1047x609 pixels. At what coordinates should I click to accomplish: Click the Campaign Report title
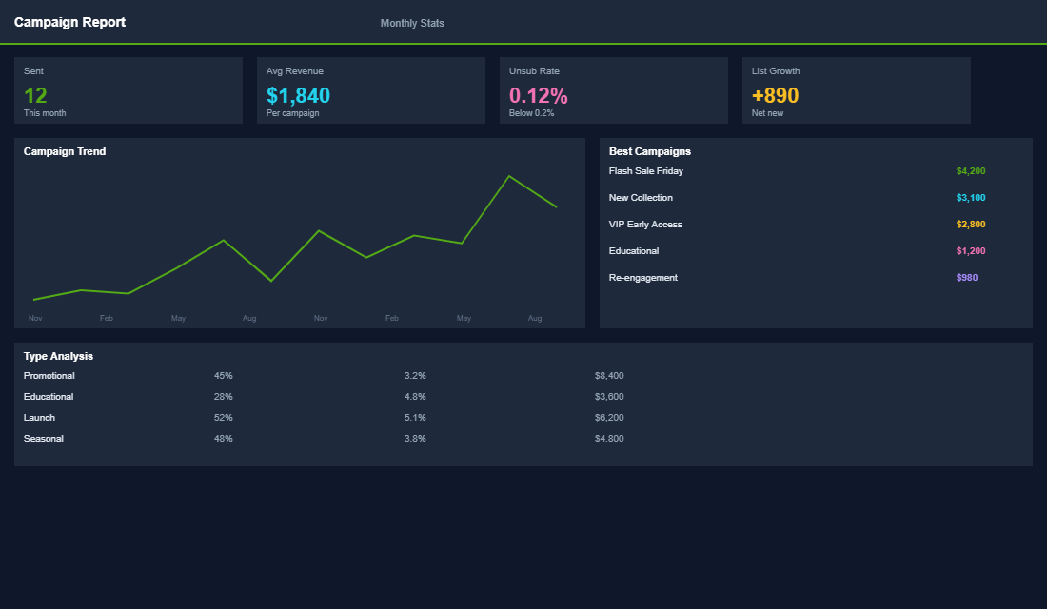click(69, 22)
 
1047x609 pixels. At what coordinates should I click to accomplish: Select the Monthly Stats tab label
click(412, 23)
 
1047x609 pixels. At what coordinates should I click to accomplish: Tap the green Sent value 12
click(35, 95)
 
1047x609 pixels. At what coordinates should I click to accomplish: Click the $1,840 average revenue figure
click(298, 95)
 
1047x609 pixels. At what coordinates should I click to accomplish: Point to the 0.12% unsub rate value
click(538, 95)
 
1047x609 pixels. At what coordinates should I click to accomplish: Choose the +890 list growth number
click(775, 95)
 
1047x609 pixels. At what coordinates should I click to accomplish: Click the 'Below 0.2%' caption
click(531, 113)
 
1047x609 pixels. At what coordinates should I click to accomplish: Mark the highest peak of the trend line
click(509, 176)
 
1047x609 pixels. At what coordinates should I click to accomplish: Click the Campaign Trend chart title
click(65, 151)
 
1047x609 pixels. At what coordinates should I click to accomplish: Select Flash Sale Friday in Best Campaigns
click(645, 171)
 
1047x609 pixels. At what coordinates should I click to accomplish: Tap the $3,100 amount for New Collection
click(970, 198)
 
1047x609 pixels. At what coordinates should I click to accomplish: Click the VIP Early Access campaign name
click(645, 225)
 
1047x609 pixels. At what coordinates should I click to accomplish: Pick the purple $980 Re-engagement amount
click(966, 278)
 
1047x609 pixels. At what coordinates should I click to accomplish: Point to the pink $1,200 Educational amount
click(970, 251)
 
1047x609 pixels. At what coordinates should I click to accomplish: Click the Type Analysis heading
click(58, 356)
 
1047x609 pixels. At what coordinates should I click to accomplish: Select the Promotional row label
click(49, 376)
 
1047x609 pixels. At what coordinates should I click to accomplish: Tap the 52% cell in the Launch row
click(223, 418)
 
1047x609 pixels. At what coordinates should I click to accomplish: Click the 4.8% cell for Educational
click(414, 397)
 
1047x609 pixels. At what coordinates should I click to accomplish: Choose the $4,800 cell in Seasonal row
click(608, 439)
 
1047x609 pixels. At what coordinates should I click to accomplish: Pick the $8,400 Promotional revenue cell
click(608, 376)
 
